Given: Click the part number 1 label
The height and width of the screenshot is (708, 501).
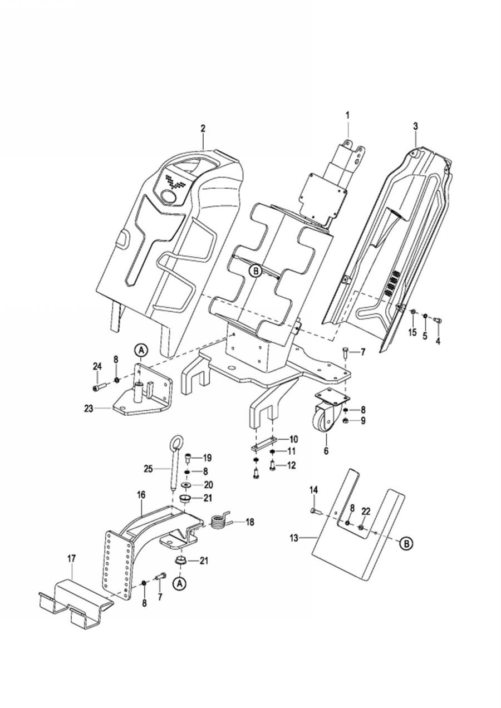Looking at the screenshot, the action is (348, 115).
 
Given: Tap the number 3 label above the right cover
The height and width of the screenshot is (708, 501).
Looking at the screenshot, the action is (415, 126).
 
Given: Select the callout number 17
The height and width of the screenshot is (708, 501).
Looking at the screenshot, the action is (72, 558).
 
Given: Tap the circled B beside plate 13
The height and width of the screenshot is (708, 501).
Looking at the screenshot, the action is (406, 543).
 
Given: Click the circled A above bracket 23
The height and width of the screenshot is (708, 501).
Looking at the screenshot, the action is (141, 350).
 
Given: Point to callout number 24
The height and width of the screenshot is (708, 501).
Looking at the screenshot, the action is (97, 367).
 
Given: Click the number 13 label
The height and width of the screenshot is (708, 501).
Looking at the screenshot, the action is (294, 537).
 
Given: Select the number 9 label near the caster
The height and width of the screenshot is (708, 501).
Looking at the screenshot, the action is (363, 420).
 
